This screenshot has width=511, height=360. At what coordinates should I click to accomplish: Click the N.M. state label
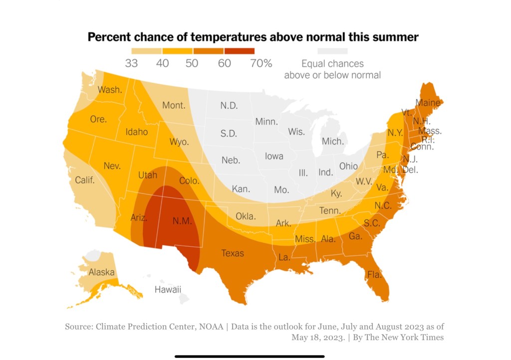pyautogui.click(x=182, y=221)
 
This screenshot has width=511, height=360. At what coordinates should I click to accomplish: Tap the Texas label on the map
pyautogui.click(x=233, y=253)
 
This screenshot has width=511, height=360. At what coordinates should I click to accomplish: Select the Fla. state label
pyautogui.click(x=374, y=274)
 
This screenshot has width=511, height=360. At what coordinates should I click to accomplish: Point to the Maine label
pyautogui.click(x=428, y=103)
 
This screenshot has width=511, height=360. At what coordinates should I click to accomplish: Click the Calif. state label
pyautogui.click(x=85, y=180)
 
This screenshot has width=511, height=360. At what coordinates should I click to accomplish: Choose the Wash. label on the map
pyautogui.click(x=110, y=90)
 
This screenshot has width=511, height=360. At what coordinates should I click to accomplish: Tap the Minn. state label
pyautogui.click(x=266, y=122)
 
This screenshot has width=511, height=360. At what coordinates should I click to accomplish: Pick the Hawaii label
pyautogui.click(x=168, y=290)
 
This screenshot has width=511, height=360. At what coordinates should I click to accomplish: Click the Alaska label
pyautogui.click(x=102, y=272)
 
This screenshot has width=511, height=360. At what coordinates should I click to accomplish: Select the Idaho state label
pyautogui.click(x=136, y=132)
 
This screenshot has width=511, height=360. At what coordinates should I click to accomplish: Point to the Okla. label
pyautogui.click(x=245, y=216)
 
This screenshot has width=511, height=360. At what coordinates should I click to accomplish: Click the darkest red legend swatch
pyautogui.click(x=239, y=51)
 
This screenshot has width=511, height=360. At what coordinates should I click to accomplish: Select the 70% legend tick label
pyautogui.click(x=261, y=63)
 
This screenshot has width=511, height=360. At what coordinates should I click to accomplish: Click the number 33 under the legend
pyautogui.click(x=131, y=63)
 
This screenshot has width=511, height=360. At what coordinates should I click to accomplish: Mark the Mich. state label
pyautogui.click(x=332, y=141)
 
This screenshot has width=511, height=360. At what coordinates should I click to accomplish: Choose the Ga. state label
pyautogui.click(x=355, y=236)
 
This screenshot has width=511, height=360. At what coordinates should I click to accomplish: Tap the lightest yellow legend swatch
pyautogui.click(x=146, y=51)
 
